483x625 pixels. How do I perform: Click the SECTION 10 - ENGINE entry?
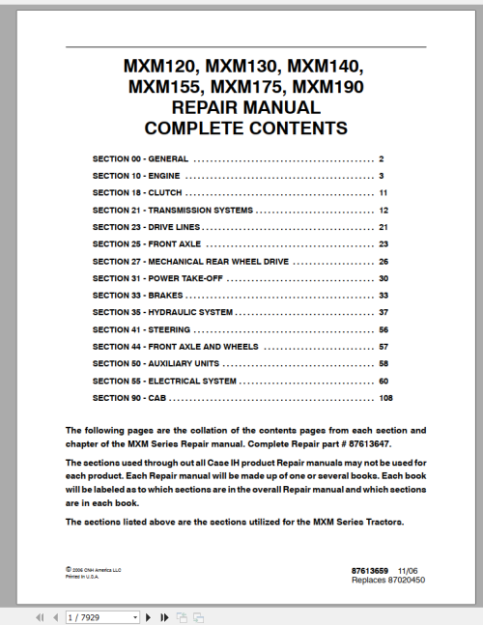point(135,175)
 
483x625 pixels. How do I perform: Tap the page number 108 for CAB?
point(385,398)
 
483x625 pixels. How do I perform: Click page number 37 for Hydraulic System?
point(383,312)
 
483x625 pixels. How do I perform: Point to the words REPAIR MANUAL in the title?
point(244,107)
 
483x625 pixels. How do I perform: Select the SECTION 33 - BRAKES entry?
point(137,295)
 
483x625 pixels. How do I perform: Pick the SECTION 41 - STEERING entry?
point(141,329)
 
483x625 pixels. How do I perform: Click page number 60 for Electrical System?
point(383,381)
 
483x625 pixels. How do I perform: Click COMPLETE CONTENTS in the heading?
point(244,128)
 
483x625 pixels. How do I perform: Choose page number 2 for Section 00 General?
point(383,157)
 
